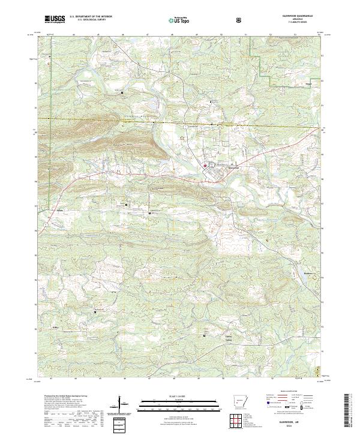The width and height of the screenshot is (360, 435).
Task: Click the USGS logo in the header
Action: pyautogui.click(x=55, y=19)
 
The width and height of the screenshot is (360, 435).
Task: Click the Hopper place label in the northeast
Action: pyautogui.click(x=308, y=84)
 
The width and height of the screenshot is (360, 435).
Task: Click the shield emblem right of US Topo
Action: pyautogui.click(x=240, y=19)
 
